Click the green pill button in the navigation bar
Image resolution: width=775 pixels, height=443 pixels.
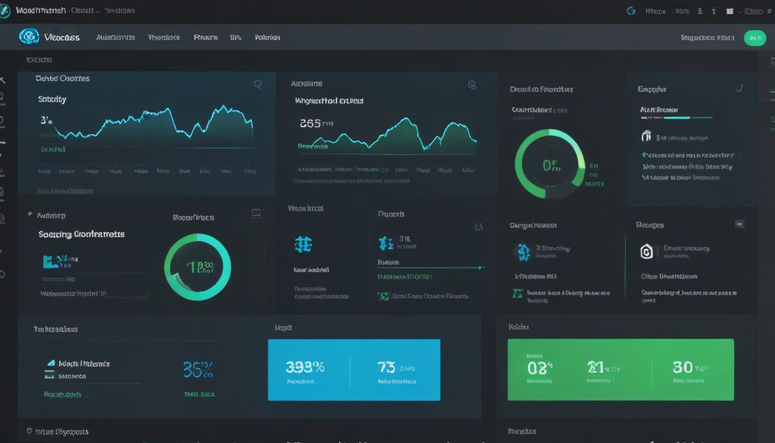click(755, 38)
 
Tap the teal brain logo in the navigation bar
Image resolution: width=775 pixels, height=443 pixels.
click(29, 37)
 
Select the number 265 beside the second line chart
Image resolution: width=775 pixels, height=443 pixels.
click(310, 123)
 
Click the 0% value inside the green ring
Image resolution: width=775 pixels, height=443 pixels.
click(551, 166)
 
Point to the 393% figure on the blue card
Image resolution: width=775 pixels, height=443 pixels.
click(305, 367)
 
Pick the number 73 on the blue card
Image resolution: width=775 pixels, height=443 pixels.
click(386, 367)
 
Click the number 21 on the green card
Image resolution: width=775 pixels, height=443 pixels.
click(595, 367)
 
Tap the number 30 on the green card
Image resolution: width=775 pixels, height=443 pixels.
click(683, 367)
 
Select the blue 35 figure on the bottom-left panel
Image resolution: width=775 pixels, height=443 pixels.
click(193, 369)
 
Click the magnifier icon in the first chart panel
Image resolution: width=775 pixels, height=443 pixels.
click(258, 85)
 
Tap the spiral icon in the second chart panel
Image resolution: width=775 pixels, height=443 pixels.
click(472, 85)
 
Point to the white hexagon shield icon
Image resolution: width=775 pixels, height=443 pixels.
click(647, 251)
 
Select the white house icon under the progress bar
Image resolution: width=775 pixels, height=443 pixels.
click(646, 137)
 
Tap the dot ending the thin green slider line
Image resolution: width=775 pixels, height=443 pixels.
click(480, 268)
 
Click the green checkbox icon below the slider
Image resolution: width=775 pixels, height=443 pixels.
click(383, 296)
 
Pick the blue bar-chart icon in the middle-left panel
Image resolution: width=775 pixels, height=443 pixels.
click(51, 261)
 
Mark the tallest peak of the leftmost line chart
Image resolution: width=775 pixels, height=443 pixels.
click(223, 107)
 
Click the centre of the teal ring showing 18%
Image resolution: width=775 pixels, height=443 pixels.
click(198, 267)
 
